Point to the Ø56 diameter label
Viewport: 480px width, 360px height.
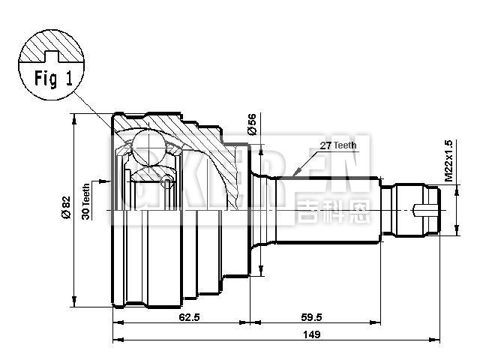click(x=252, y=124)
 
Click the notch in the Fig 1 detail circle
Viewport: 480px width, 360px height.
click(x=52, y=55)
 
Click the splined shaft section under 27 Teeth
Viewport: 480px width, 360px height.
click(x=330, y=209)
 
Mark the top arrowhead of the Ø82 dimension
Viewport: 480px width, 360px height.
click(x=74, y=118)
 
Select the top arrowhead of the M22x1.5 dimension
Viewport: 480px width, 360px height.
click(x=457, y=189)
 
